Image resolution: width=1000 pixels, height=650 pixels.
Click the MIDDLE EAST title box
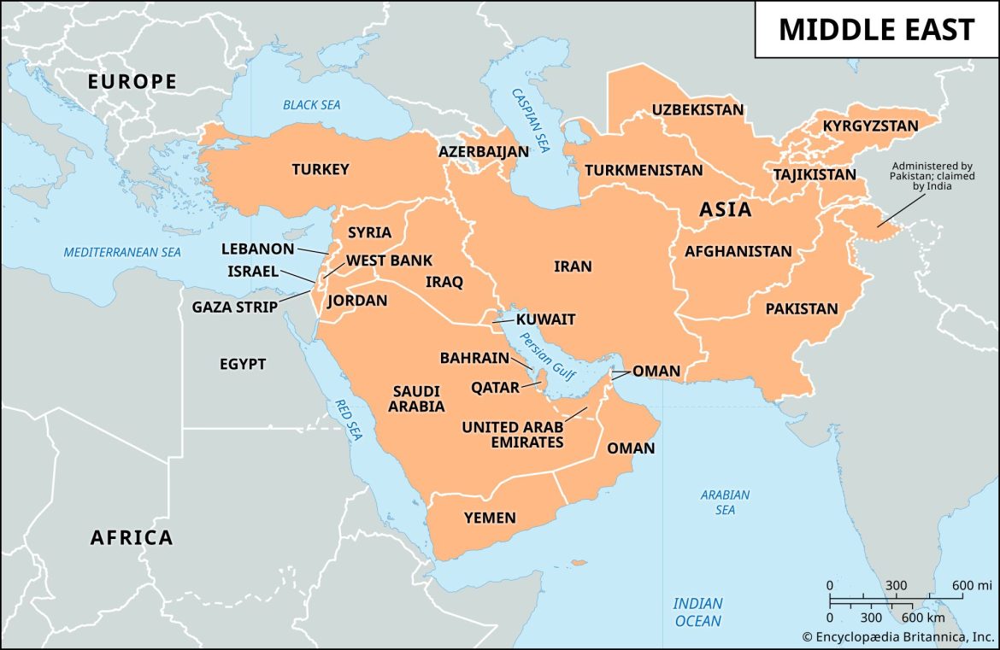876,30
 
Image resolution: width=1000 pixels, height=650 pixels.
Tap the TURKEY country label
321,169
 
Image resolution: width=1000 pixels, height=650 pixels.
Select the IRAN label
573,266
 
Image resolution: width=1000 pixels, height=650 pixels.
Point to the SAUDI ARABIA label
416,399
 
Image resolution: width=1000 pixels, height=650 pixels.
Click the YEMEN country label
490,518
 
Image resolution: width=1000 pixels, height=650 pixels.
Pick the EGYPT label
243,364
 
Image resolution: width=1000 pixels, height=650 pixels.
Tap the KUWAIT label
545,319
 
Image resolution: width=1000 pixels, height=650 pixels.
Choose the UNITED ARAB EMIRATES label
513,434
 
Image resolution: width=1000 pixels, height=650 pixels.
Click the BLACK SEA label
312,105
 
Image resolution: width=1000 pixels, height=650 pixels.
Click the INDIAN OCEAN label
697,612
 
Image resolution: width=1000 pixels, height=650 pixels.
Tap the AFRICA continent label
132,537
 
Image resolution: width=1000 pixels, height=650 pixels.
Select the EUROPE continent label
132,82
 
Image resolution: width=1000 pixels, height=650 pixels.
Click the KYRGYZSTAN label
870,126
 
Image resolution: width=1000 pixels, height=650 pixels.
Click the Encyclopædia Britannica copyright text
897,636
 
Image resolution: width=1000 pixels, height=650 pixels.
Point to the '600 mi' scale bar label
972,585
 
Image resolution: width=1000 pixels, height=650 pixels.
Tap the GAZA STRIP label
235,307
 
